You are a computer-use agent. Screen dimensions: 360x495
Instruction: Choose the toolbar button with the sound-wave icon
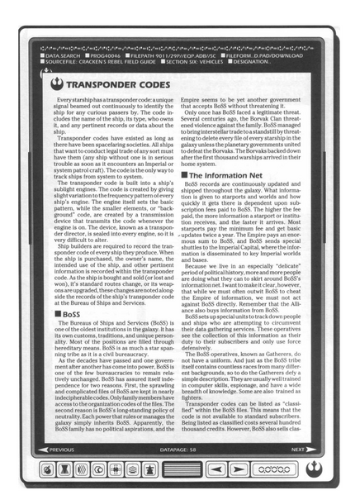[x=81, y=469]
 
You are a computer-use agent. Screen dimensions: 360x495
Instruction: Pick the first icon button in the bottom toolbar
[x=46, y=469]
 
